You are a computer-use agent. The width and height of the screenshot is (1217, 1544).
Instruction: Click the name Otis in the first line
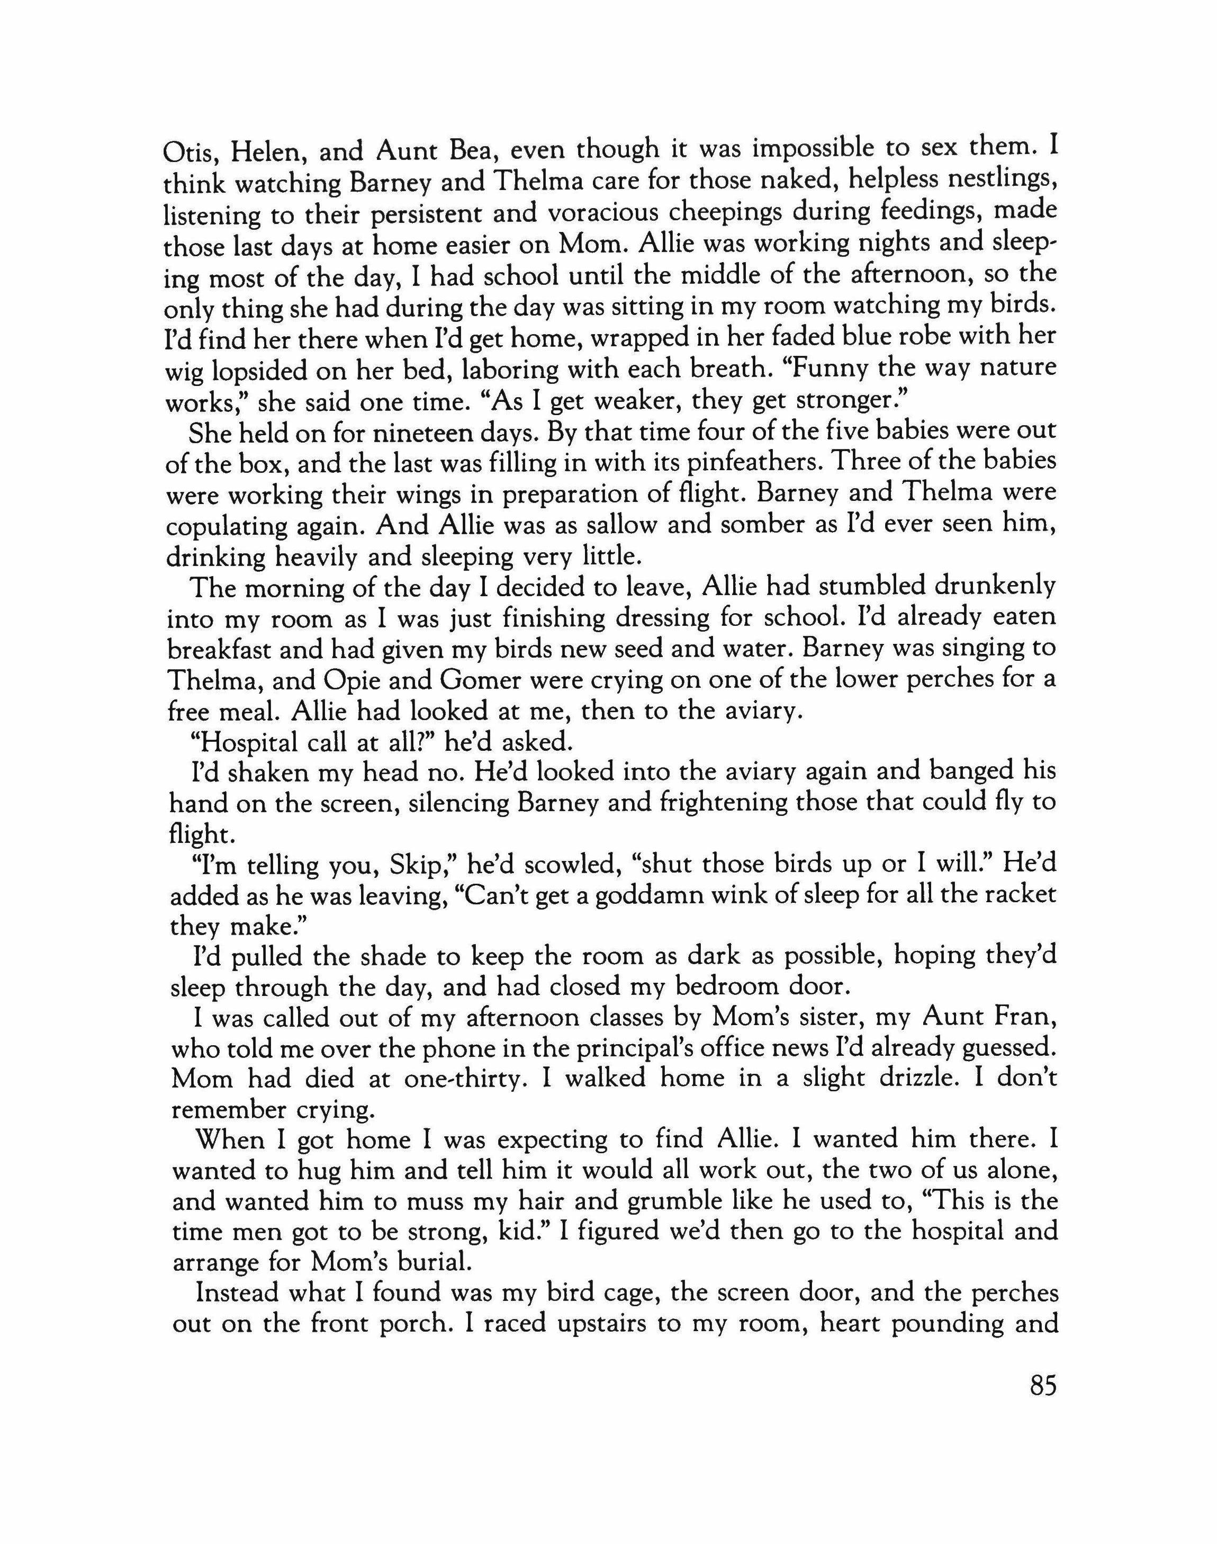point(188,152)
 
